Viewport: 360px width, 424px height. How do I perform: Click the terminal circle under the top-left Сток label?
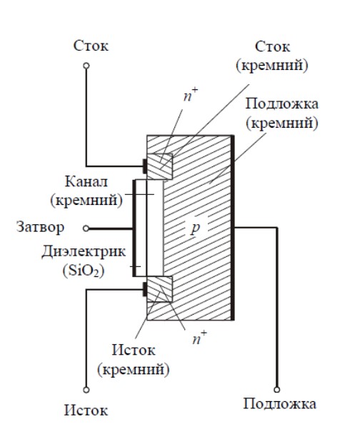pos(86,66)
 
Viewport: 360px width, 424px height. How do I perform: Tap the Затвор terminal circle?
pos(86,228)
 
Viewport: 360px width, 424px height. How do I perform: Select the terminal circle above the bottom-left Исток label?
pos(86,390)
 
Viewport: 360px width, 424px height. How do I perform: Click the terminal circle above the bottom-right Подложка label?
pos(276,390)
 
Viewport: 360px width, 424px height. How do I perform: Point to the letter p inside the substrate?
pos(195,228)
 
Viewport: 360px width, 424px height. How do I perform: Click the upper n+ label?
pos(191,95)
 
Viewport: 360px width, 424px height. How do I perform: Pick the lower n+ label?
pos(199,337)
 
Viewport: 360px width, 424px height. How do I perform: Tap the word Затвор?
pos(40,227)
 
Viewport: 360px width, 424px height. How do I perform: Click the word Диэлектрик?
pos(84,252)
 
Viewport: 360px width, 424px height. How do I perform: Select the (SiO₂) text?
pos(84,271)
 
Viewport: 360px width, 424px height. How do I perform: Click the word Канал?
pos(86,182)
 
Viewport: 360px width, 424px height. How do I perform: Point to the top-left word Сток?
pos(91,46)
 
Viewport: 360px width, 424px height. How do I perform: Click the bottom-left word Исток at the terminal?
pos(86,410)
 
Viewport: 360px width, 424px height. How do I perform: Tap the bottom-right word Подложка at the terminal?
pos(279,404)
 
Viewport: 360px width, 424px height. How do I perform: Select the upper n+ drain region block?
pos(159,166)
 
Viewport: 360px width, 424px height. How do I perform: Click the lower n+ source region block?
pos(159,289)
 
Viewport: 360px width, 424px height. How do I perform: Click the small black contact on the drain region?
pos(145,166)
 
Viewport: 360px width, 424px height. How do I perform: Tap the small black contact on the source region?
pos(145,289)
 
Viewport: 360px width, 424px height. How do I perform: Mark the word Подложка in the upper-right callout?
pos(281,104)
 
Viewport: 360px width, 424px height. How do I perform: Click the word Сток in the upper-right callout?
pos(272,47)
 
